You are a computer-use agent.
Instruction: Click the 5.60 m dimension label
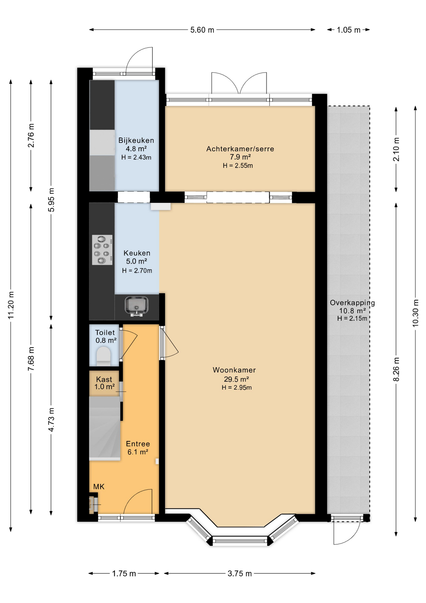pyautogui.click(x=202, y=30)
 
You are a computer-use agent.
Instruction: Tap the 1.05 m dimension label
pyautogui.click(x=349, y=30)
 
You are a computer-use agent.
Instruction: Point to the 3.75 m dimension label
pyautogui.click(x=240, y=573)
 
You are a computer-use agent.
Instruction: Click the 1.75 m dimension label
pyautogui.click(x=124, y=573)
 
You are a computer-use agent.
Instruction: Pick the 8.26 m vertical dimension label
pyautogui.click(x=397, y=369)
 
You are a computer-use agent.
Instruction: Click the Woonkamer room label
pyautogui.click(x=234, y=370)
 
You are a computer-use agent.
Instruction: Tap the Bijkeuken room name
pyautogui.click(x=136, y=140)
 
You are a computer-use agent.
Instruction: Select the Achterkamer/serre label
pyautogui.click(x=240, y=149)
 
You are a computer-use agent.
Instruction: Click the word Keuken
pyautogui.click(x=137, y=253)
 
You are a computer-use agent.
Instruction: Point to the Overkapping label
pyautogui.click(x=352, y=303)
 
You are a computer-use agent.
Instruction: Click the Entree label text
pyautogui.click(x=138, y=444)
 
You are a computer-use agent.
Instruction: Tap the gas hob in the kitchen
pyautogui.click(x=102, y=250)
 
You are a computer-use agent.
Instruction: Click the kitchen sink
pyautogui.click(x=136, y=306)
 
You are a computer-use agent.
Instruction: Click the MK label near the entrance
pyautogui.click(x=99, y=487)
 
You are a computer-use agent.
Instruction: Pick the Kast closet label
pyautogui.click(x=104, y=379)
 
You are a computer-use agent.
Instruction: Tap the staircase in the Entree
pyautogui.click(x=105, y=428)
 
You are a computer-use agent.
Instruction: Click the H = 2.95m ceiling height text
pyautogui.click(x=237, y=388)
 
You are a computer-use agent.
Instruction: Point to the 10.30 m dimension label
pyautogui.click(x=416, y=313)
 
